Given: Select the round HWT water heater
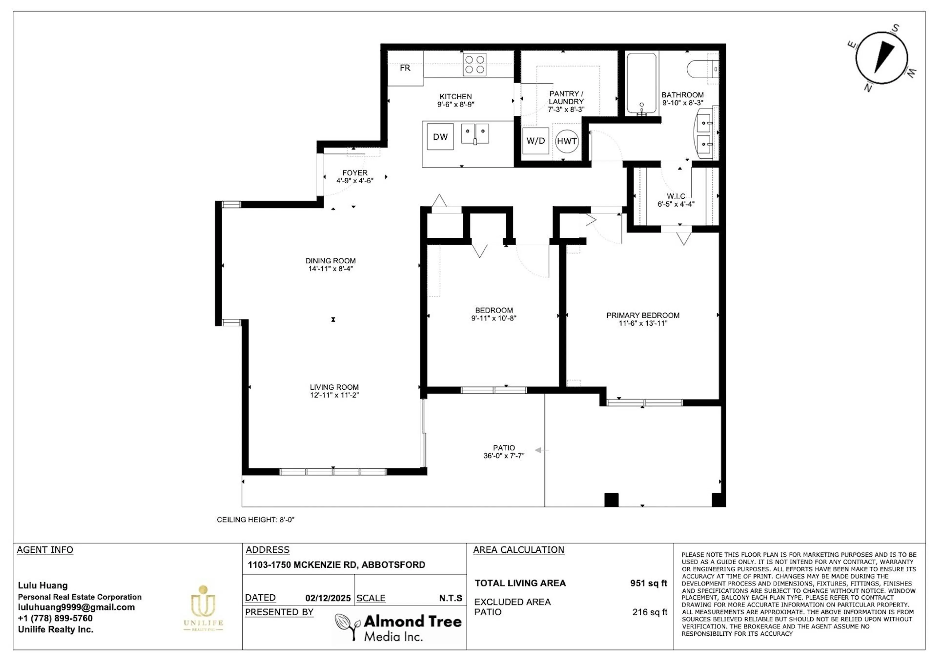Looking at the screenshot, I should [567, 141].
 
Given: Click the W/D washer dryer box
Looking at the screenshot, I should [535, 141].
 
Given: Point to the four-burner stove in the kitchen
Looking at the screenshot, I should [475, 65].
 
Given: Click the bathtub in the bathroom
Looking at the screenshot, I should [642, 84].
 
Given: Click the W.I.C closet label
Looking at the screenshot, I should [676, 196].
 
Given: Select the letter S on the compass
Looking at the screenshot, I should [895, 28].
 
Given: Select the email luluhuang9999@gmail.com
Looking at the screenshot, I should [76, 607].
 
